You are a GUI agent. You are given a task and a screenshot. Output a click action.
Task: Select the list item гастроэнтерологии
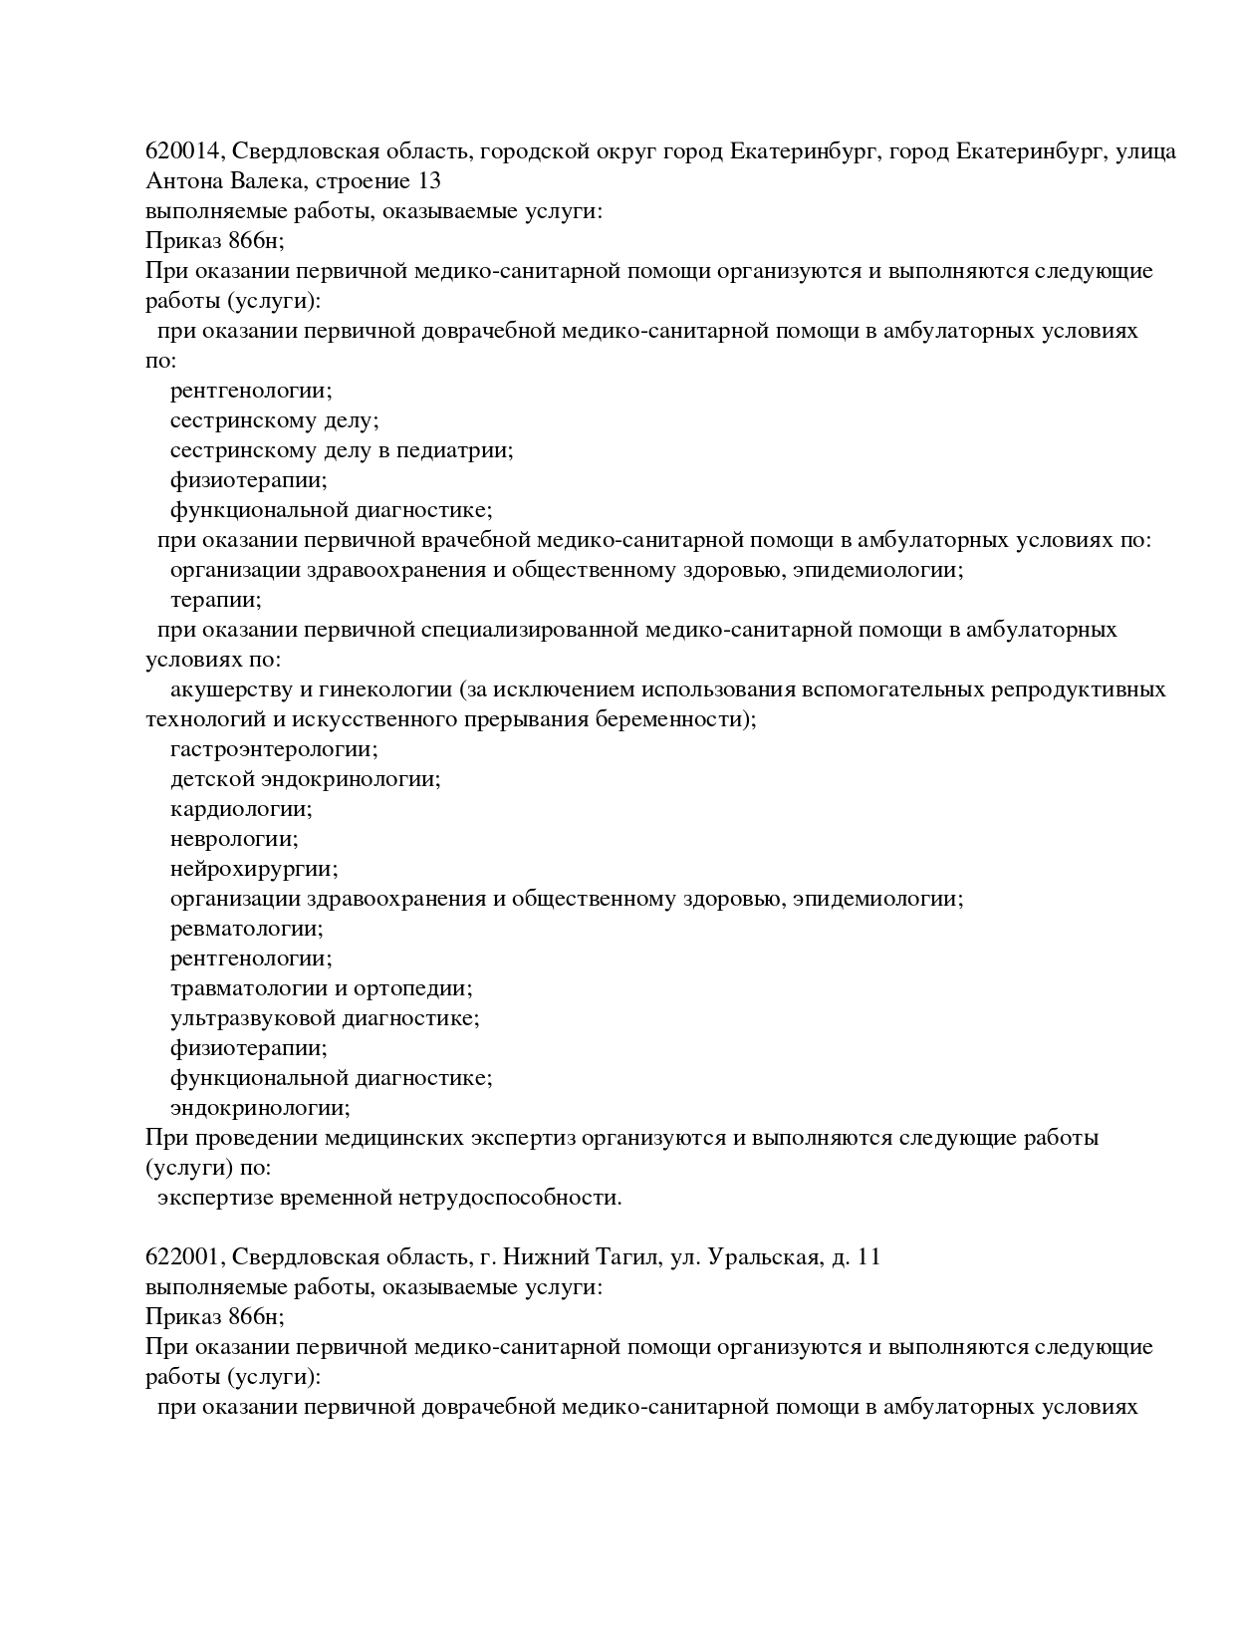click(274, 749)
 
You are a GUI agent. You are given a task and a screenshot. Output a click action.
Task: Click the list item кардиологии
click(241, 809)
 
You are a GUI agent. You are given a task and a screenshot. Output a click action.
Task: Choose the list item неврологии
click(234, 839)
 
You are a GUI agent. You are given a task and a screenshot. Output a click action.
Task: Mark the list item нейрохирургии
click(254, 869)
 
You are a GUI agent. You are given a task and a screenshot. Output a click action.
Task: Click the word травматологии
click(248, 988)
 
